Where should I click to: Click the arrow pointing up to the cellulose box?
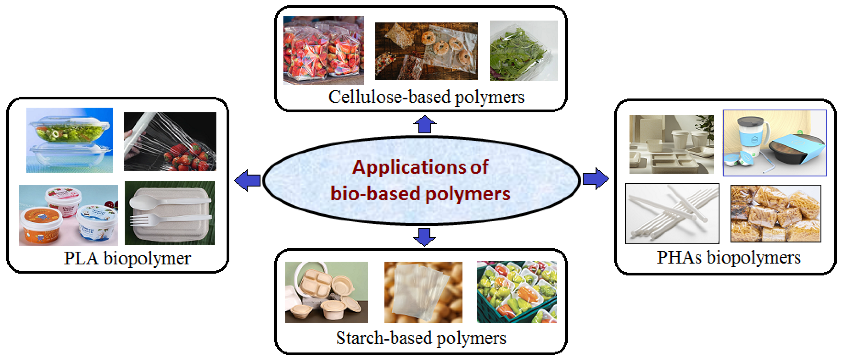point(424,125)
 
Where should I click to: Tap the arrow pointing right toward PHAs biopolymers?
point(595,179)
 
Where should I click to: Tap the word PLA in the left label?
point(81,259)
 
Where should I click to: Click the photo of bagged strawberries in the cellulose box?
point(323,50)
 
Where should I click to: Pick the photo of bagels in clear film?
point(426,51)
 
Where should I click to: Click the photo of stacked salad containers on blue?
point(69,140)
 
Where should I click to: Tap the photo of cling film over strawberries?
point(170,142)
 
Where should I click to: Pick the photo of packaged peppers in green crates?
point(517,292)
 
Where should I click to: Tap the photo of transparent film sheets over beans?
point(423,292)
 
